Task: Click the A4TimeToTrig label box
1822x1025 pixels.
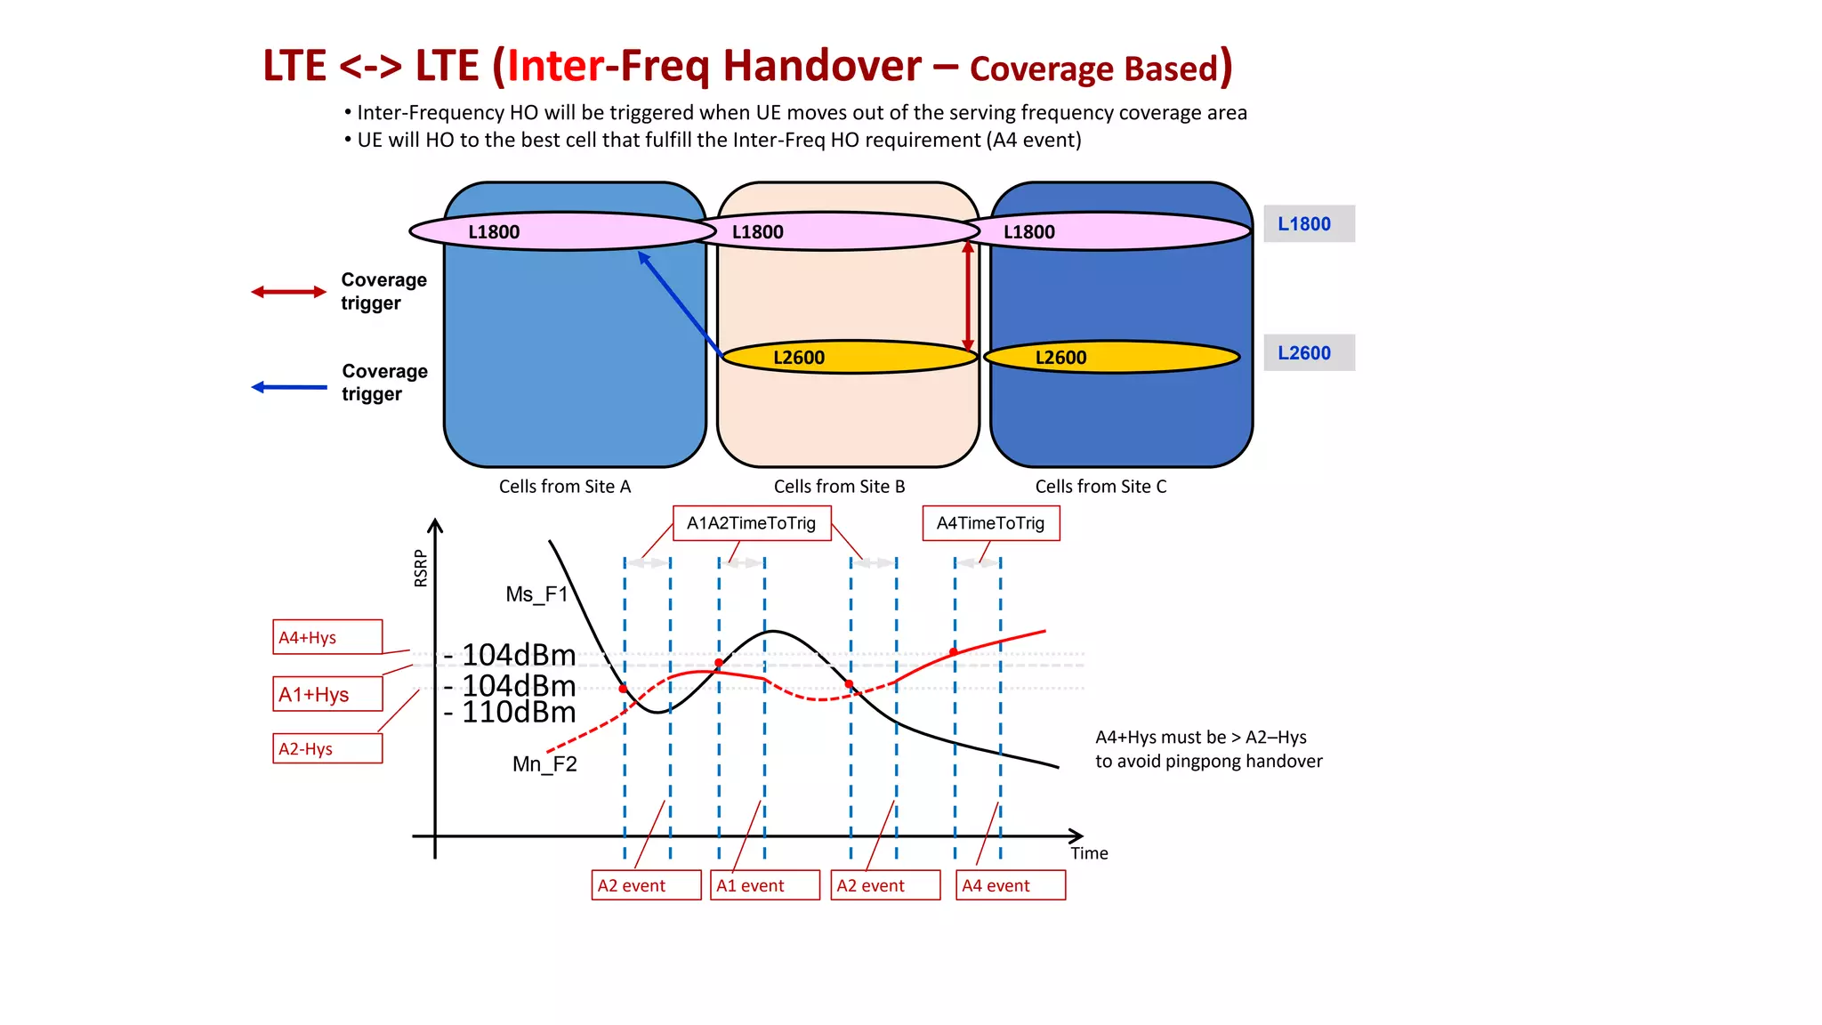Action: (991, 523)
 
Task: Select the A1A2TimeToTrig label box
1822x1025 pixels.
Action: (752, 523)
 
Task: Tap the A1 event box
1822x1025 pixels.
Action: (765, 885)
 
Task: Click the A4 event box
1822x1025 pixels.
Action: (1011, 885)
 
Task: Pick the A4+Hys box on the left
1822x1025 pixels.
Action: (327, 637)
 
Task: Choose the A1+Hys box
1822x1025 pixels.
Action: (327, 694)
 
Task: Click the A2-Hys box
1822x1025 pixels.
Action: (327, 748)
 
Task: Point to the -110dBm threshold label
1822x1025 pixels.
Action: (511, 713)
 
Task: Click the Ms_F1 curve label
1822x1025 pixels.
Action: (536, 594)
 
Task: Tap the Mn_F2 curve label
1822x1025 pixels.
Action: (544, 764)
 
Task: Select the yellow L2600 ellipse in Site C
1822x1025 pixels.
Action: (1112, 357)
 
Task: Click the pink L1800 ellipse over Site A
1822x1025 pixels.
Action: (562, 231)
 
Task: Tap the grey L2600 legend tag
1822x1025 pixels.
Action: (1309, 352)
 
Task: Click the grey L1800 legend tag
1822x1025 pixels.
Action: (1309, 224)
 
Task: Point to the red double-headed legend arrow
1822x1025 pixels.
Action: (288, 292)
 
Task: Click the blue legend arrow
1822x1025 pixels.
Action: (288, 387)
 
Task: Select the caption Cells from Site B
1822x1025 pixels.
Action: (839, 487)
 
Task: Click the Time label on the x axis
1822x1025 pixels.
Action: (1089, 853)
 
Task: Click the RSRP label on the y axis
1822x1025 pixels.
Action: (421, 568)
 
